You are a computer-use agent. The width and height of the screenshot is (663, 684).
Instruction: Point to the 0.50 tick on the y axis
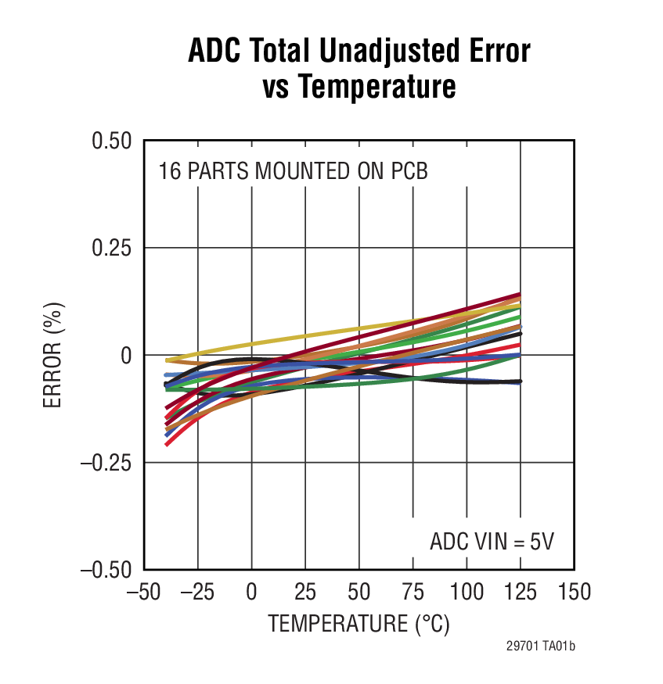[112, 141]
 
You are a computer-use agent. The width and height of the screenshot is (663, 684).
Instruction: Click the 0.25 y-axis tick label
[112, 248]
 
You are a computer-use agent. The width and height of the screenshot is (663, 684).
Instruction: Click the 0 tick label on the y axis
[125, 356]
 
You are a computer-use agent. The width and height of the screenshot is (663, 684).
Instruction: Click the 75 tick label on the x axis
[413, 592]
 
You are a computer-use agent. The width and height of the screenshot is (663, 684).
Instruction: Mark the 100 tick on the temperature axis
[467, 592]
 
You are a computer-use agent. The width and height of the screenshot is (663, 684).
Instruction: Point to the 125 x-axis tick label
[520, 592]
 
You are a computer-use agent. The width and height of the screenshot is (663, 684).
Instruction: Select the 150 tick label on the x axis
[574, 592]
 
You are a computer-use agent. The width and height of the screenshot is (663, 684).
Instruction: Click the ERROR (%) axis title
[52, 356]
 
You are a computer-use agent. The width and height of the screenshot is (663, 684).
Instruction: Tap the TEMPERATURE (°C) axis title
[359, 624]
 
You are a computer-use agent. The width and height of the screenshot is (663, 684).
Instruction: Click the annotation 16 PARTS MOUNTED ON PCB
[293, 171]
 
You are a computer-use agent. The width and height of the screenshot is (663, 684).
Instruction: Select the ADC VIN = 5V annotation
[491, 541]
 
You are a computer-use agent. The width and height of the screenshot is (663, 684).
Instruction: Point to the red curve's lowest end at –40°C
[167, 444]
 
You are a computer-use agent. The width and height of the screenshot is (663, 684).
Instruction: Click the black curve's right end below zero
[519, 381]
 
